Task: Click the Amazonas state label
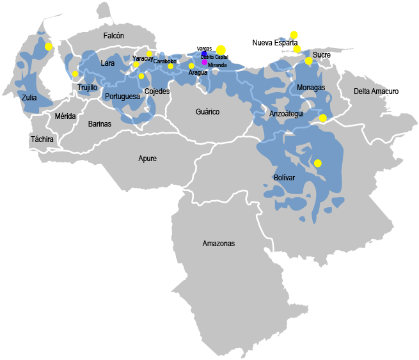[219, 244]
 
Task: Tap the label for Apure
[147, 159]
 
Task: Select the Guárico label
[207, 112]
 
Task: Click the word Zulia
[29, 98]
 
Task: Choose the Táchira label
[42, 139]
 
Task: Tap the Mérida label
[65, 116]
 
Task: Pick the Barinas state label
[99, 123]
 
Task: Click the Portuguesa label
[122, 97]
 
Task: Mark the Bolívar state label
[284, 177]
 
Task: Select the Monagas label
[311, 87]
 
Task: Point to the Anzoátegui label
[287, 113]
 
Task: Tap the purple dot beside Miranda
[205, 62]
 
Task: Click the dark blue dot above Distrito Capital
[204, 54]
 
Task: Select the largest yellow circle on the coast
[221, 49]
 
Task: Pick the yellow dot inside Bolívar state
[318, 163]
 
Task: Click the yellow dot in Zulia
[49, 47]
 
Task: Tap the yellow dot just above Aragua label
[191, 66]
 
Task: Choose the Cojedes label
[157, 91]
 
